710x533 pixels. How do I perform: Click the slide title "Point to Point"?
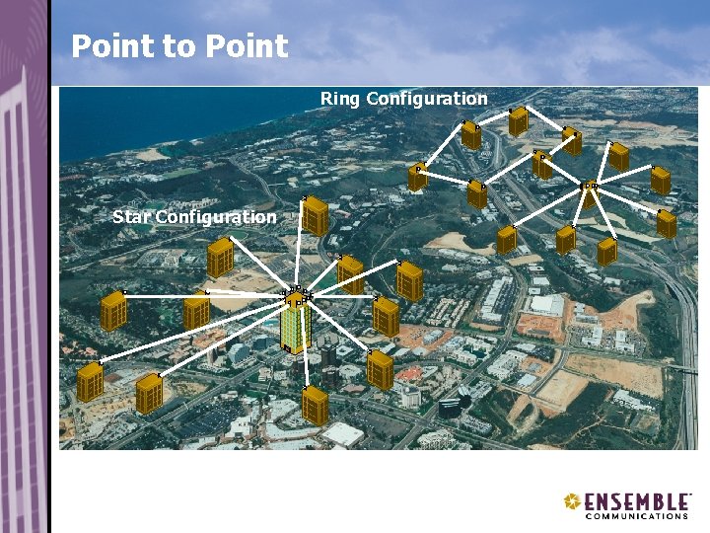pyautogui.click(x=179, y=46)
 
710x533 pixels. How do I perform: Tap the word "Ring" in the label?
pyautogui.click(x=340, y=99)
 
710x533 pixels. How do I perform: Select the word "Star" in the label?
pyautogui.click(x=131, y=216)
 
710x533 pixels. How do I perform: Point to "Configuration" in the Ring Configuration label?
pyautogui.click(x=426, y=99)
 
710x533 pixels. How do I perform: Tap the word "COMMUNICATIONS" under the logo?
pyautogui.click(x=636, y=516)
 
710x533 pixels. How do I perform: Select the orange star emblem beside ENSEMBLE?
pyautogui.click(x=572, y=502)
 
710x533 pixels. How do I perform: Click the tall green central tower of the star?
pyautogui.click(x=295, y=326)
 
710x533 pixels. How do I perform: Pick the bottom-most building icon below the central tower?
pyautogui.click(x=315, y=406)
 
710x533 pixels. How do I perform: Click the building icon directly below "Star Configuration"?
pyautogui.click(x=220, y=259)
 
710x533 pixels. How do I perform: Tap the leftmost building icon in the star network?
pyautogui.click(x=91, y=382)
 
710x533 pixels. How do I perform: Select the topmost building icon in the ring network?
pyautogui.click(x=519, y=121)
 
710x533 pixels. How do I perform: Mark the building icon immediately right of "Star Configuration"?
pyautogui.click(x=316, y=216)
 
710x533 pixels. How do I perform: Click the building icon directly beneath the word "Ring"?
pyautogui.click(x=471, y=135)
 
